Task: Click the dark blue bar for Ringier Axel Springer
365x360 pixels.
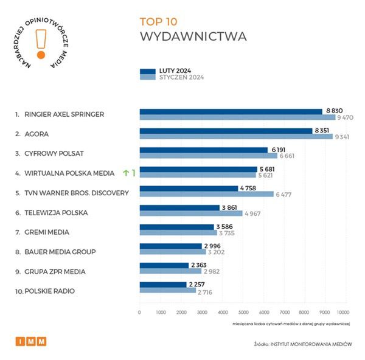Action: pyautogui.click(x=231, y=111)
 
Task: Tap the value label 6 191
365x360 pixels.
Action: pyautogui.click(x=280, y=149)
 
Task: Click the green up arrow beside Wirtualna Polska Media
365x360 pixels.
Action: pyautogui.click(x=126, y=173)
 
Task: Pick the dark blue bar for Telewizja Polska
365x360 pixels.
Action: pyautogui.click(x=179, y=207)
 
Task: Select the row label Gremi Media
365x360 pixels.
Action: pyautogui.click(x=46, y=232)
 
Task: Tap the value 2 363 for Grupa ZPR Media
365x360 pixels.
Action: pyautogui.click(x=201, y=265)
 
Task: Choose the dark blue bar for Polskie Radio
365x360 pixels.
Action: pyautogui.click(x=163, y=284)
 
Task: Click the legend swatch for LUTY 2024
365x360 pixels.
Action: pyautogui.click(x=148, y=71)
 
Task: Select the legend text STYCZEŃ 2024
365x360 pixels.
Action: pyautogui.click(x=181, y=78)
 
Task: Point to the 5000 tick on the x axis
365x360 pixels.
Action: pyautogui.click(x=243, y=312)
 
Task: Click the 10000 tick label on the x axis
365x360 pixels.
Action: pyautogui.click(x=346, y=312)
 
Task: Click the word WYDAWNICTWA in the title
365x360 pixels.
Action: pyautogui.click(x=193, y=36)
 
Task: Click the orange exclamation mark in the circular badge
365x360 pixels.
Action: pyautogui.click(x=41, y=44)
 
